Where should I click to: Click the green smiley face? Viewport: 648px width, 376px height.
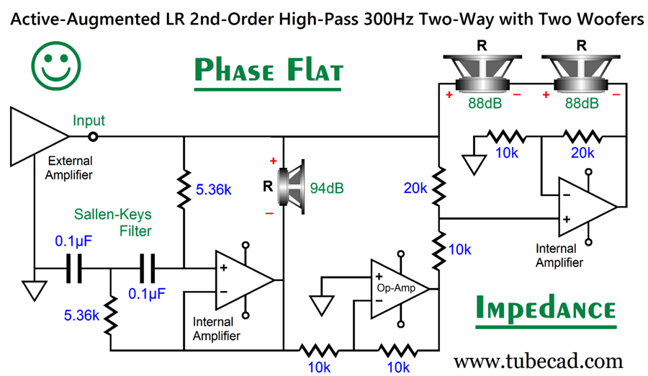pyautogui.click(x=54, y=63)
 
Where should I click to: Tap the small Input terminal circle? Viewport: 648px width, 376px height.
pyautogui.click(x=93, y=135)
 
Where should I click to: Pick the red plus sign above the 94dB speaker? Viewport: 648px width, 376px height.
pyautogui.click(x=273, y=160)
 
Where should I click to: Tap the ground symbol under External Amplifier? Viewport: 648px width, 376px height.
pyautogui.click(x=33, y=290)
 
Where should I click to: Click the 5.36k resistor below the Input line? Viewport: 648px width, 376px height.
pyautogui.click(x=184, y=189)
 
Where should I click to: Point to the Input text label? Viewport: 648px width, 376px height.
pyautogui.click(x=88, y=120)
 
